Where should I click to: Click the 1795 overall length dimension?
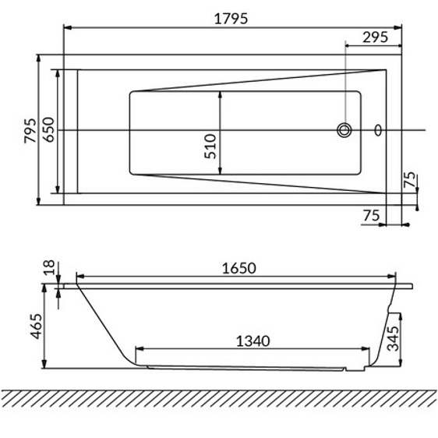[231, 19]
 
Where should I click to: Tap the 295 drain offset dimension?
[375, 37]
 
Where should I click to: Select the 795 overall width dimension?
[30, 131]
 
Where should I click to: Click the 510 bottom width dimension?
[210, 147]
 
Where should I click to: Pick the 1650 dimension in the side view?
[238, 268]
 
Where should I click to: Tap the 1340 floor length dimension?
[253, 341]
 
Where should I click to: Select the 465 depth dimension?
[37, 327]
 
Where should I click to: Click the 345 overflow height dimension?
[393, 338]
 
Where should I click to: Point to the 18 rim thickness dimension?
[49, 267]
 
